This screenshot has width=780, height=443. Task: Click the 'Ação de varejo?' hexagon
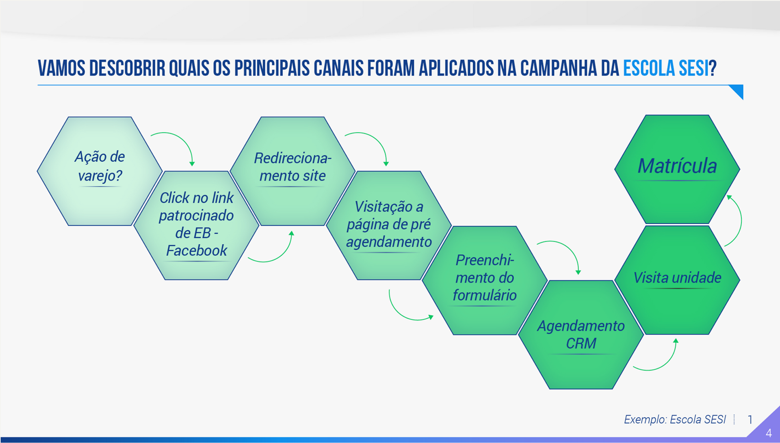(x=100, y=171)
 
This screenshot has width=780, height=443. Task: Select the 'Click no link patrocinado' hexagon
(x=196, y=225)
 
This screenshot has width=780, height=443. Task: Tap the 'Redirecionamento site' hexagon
(x=292, y=171)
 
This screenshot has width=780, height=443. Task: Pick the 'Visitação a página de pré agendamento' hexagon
(x=389, y=225)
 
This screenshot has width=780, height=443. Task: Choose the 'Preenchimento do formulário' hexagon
(x=485, y=280)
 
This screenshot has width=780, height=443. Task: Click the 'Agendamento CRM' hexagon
(x=581, y=335)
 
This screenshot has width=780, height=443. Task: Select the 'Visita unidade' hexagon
(x=677, y=280)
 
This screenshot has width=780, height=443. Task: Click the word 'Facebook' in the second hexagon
(x=196, y=251)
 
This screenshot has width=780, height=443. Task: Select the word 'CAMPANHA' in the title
(x=559, y=68)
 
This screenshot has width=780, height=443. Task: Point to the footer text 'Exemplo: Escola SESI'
(x=674, y=419)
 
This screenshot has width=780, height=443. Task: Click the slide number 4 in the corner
(x=769, y=433)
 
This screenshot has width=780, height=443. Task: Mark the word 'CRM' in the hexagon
(x=581, y=344)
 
